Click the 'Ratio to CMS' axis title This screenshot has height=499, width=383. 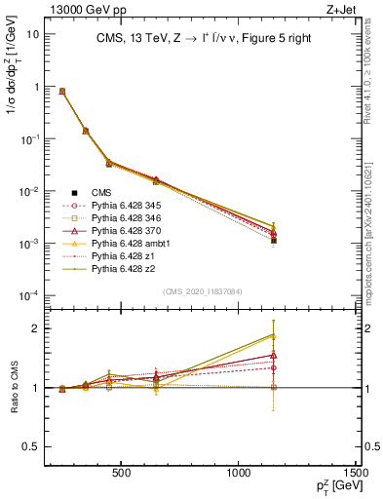13,387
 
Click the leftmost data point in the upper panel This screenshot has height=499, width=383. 62,91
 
